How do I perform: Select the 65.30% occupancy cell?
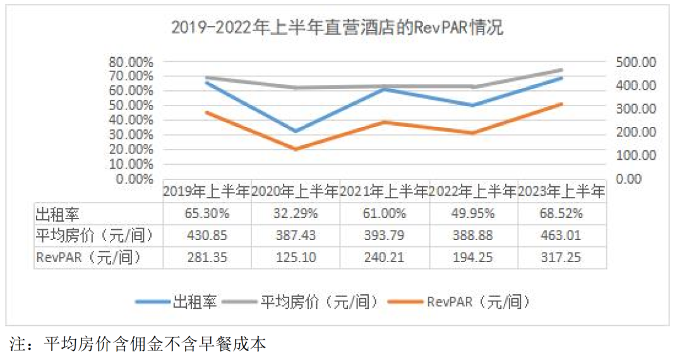click(x=206, y=214)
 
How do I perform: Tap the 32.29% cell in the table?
click(x=295, y=214)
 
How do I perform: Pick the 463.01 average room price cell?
click(x=561, y=236)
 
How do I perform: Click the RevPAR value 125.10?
click(x=295, y=257)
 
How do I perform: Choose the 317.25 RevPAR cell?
click(x=561, y=257)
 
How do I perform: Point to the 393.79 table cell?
click(x=384, y=236)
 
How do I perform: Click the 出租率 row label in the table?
click(x=58, y=214)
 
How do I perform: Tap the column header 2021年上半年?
click(x=384, y=191)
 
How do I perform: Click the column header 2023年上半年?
click(x=561, y=191)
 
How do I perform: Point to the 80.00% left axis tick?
click(x=131, y=62)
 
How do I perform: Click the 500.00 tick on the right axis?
click(x=636, y=62)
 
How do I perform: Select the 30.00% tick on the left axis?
click(x=131, y=135)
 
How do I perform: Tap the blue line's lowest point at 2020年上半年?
click(x=296, y=131)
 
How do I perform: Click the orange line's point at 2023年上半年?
click(x=561, y=104)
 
